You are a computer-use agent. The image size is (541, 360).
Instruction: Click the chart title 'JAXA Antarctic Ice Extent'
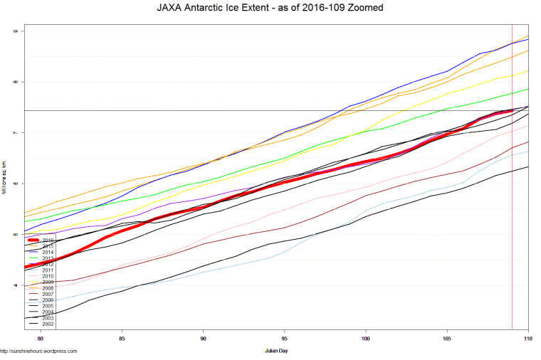pos(270,9)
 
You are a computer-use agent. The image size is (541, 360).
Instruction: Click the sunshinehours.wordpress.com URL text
pos(39,351)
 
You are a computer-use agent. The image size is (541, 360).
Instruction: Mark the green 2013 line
pos(285,157)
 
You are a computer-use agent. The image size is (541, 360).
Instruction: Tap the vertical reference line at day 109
pos(512,213)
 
